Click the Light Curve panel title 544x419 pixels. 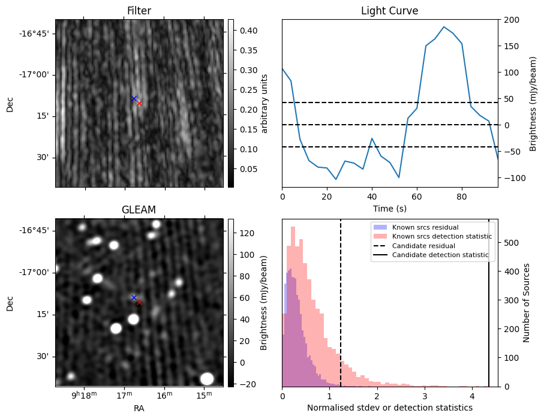389,11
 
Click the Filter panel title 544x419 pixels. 139,11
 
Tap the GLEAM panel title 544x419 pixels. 139,210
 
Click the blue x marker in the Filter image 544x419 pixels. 134,98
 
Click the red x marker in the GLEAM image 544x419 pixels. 139,302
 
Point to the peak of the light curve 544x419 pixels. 444,27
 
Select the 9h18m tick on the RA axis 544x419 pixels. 84,395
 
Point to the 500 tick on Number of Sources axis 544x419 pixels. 510,242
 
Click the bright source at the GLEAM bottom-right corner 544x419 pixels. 207,378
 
